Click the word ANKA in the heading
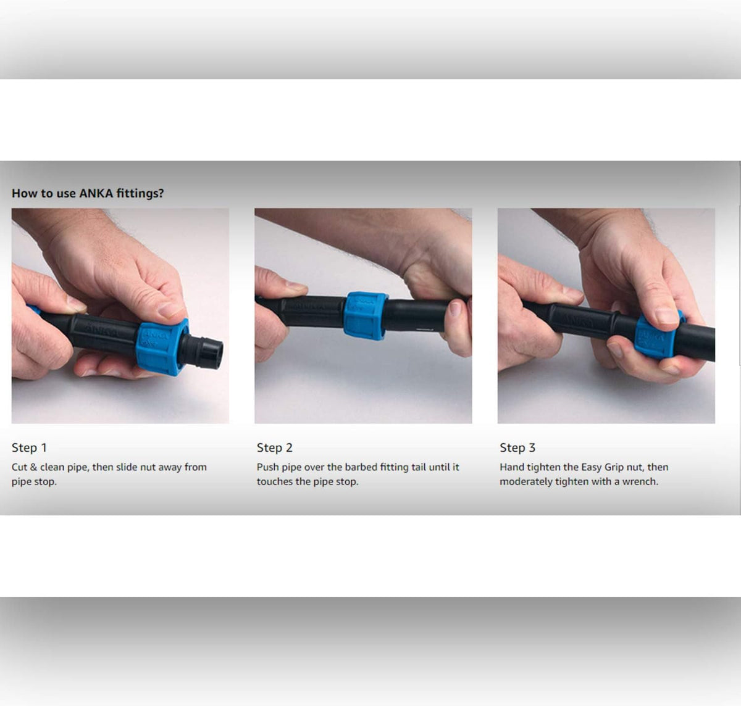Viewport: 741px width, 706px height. coord(96,193)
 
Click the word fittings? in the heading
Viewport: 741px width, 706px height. coord(140,193)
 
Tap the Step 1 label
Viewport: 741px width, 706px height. coord(29,448)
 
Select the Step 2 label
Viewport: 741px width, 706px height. coord(274,448)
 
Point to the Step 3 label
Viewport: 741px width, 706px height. coord(517,448)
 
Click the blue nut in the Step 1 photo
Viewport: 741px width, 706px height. coord(162,347)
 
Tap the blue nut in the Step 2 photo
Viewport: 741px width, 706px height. coord(366,316)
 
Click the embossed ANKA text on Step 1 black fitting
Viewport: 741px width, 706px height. coord(101,330)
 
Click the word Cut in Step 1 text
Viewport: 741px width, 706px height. coord(19,467)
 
